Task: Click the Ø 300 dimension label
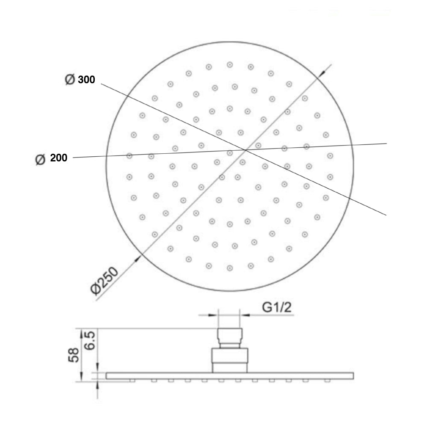tap(80, 79)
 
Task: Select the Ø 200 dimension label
tap(52, 158)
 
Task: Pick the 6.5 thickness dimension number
tap(90, 340)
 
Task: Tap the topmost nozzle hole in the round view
tap(230, 64)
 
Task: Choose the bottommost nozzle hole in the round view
tap(230, 268)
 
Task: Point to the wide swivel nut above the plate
tap(230, 359)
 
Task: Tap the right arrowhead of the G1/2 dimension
tap(245, 316)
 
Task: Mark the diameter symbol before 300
tap(70, 79)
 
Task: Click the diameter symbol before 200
tap(41, 159)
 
